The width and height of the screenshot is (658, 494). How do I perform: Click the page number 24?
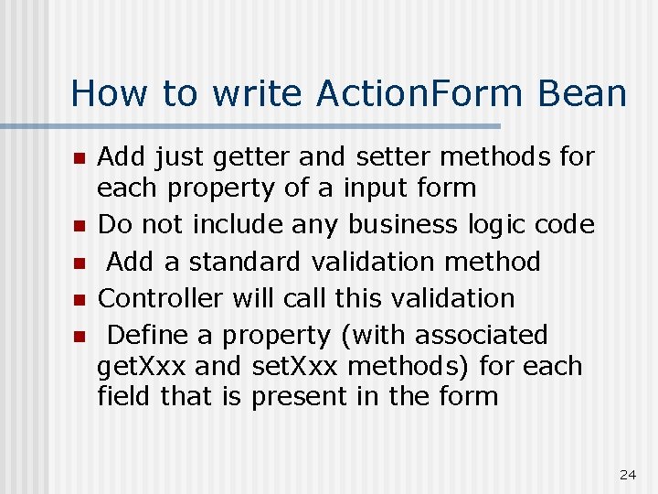[627, 474]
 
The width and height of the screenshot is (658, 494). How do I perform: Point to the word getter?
[249, 157]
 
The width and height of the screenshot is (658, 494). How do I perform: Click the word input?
[376, 188]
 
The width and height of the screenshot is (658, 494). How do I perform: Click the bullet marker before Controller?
[79, 299]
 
